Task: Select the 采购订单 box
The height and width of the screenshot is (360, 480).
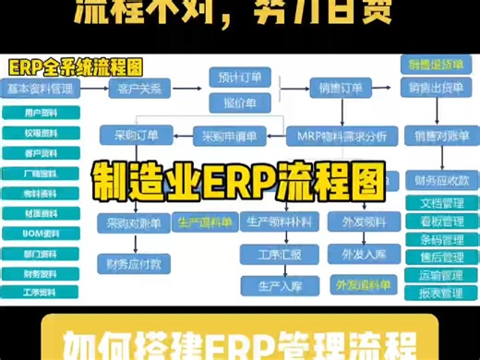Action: [x=135, y=136]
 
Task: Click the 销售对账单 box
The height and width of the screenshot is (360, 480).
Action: [x=432, y=136]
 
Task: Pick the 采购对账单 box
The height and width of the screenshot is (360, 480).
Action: [x=134, y=222]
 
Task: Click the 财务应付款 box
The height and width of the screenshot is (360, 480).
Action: [x=134, y=262]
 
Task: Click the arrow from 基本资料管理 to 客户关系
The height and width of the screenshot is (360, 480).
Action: [x=95, y=89]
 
